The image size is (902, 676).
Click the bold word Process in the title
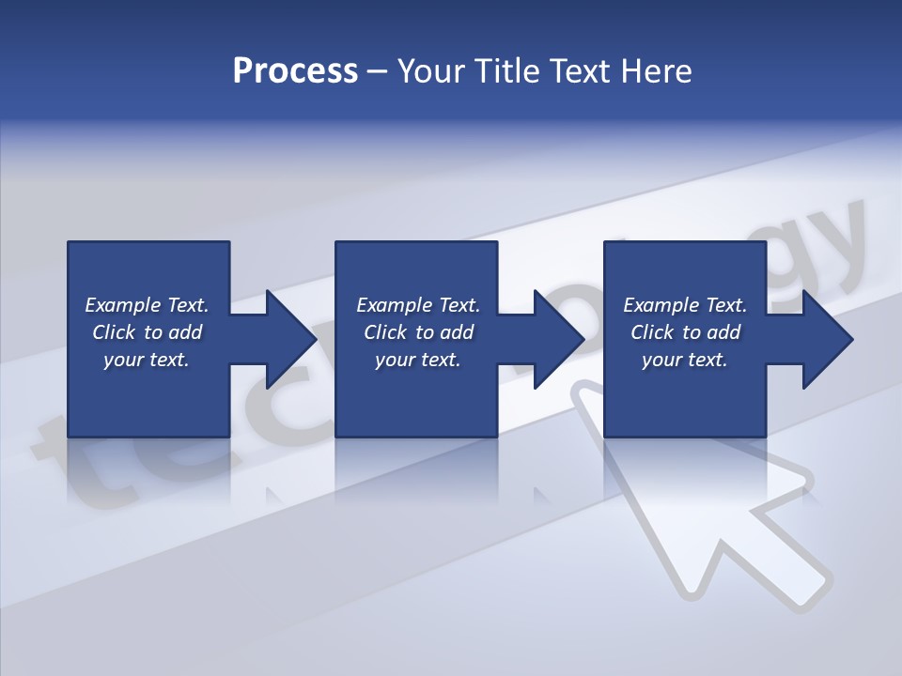coord(295,71)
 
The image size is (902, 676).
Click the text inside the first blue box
coord(147,332)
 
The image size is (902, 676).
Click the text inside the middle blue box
coord(417,332)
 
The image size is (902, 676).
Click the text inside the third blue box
coord(685,332)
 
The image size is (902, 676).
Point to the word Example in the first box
coord(122,305)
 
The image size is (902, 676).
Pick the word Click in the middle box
coord(385,332)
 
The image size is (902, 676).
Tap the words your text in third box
coord(685,360)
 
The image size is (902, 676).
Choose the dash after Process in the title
coord(378,71)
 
